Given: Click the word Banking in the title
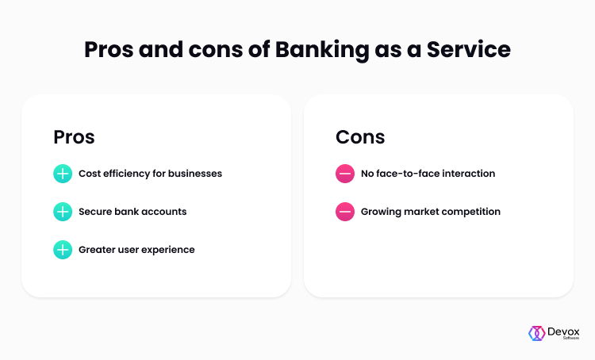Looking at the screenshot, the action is (322, 51).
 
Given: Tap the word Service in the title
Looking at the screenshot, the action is (469, 49).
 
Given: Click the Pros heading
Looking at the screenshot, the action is (74, 137).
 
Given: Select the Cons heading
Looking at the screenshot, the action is (360, 137).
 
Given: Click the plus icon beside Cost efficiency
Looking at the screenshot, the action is (63, 174).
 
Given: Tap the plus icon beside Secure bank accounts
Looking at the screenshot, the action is (63, 212).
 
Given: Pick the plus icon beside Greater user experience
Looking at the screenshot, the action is (63, 250).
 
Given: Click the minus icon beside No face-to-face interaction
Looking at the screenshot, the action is (345, 174).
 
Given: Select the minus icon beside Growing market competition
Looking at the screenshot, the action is (345, 212).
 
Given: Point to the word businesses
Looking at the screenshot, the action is (195, 174).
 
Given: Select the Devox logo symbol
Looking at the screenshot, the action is (536, 334).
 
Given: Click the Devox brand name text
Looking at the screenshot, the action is (563, 332).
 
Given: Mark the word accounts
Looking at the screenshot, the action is (169, 212).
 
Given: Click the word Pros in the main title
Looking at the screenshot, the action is (109, 49).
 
